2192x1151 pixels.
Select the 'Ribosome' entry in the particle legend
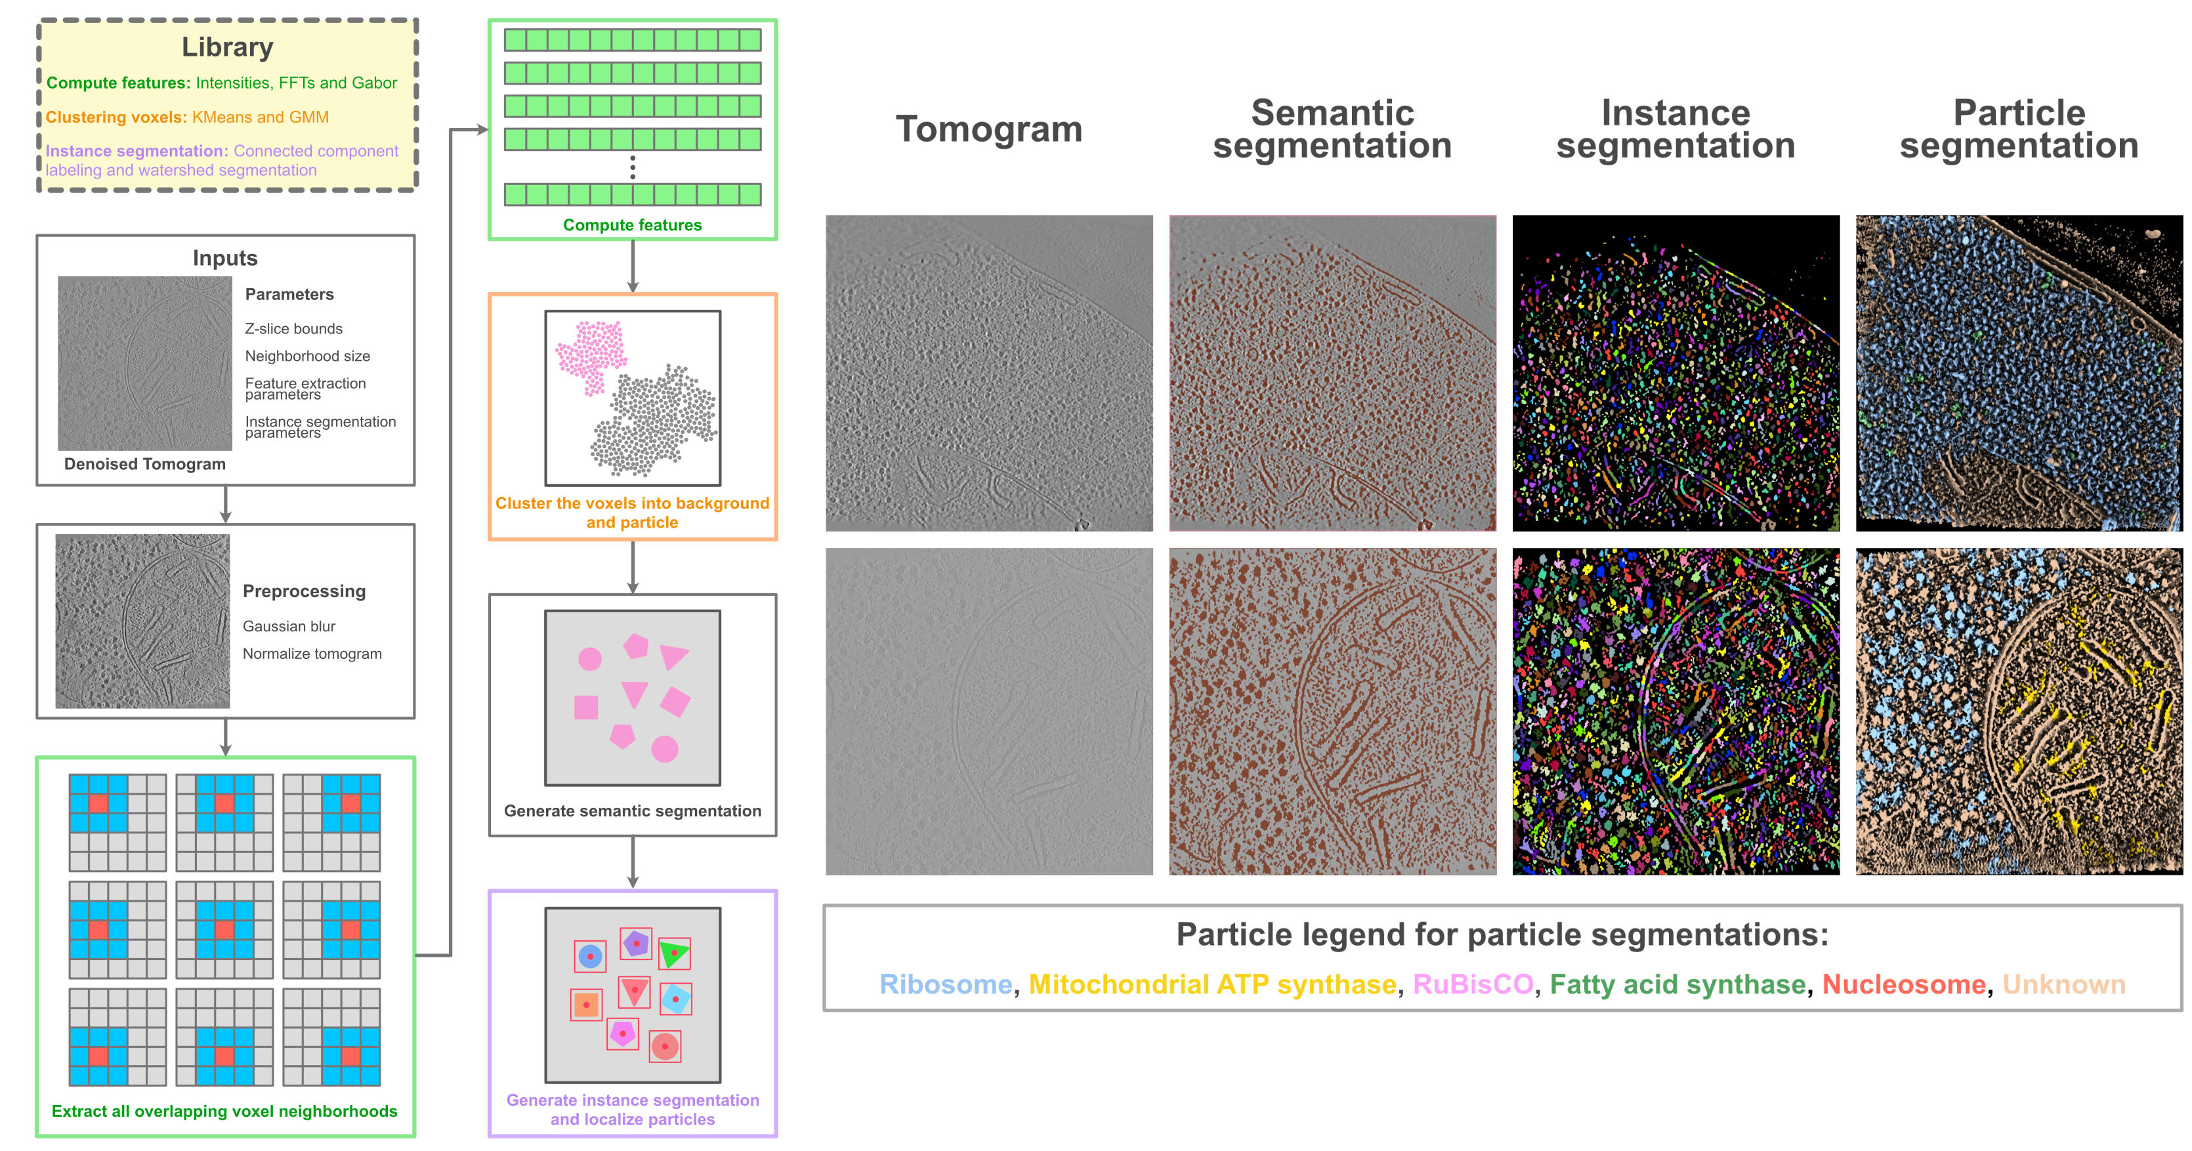(x=946, y=984)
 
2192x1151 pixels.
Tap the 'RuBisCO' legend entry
(x=1472, y=984)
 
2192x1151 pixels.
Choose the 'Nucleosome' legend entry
(x=1903, y=984)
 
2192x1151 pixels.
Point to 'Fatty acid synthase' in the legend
(x=1677, y=984)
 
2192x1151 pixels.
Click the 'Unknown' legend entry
(x=2063, y=984)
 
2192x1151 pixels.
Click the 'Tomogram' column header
(x=989, y=129)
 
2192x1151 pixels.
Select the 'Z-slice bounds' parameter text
(x=293, y=328)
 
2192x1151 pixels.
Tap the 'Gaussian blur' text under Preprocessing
(x=289, y=626)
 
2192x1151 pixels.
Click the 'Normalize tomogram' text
(x=312, y=654)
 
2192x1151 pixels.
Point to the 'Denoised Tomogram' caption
(x=144, y=464)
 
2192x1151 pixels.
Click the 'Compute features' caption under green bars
(x=632, y=224)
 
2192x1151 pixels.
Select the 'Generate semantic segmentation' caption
(x=632, y=810)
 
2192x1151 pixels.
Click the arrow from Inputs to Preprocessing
(x=226, y=505)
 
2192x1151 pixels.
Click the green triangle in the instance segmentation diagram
(x=673, y=953)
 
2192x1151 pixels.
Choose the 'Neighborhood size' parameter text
(x=307, y=356)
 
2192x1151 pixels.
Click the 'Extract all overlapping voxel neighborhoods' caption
(x=224, y=1111)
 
